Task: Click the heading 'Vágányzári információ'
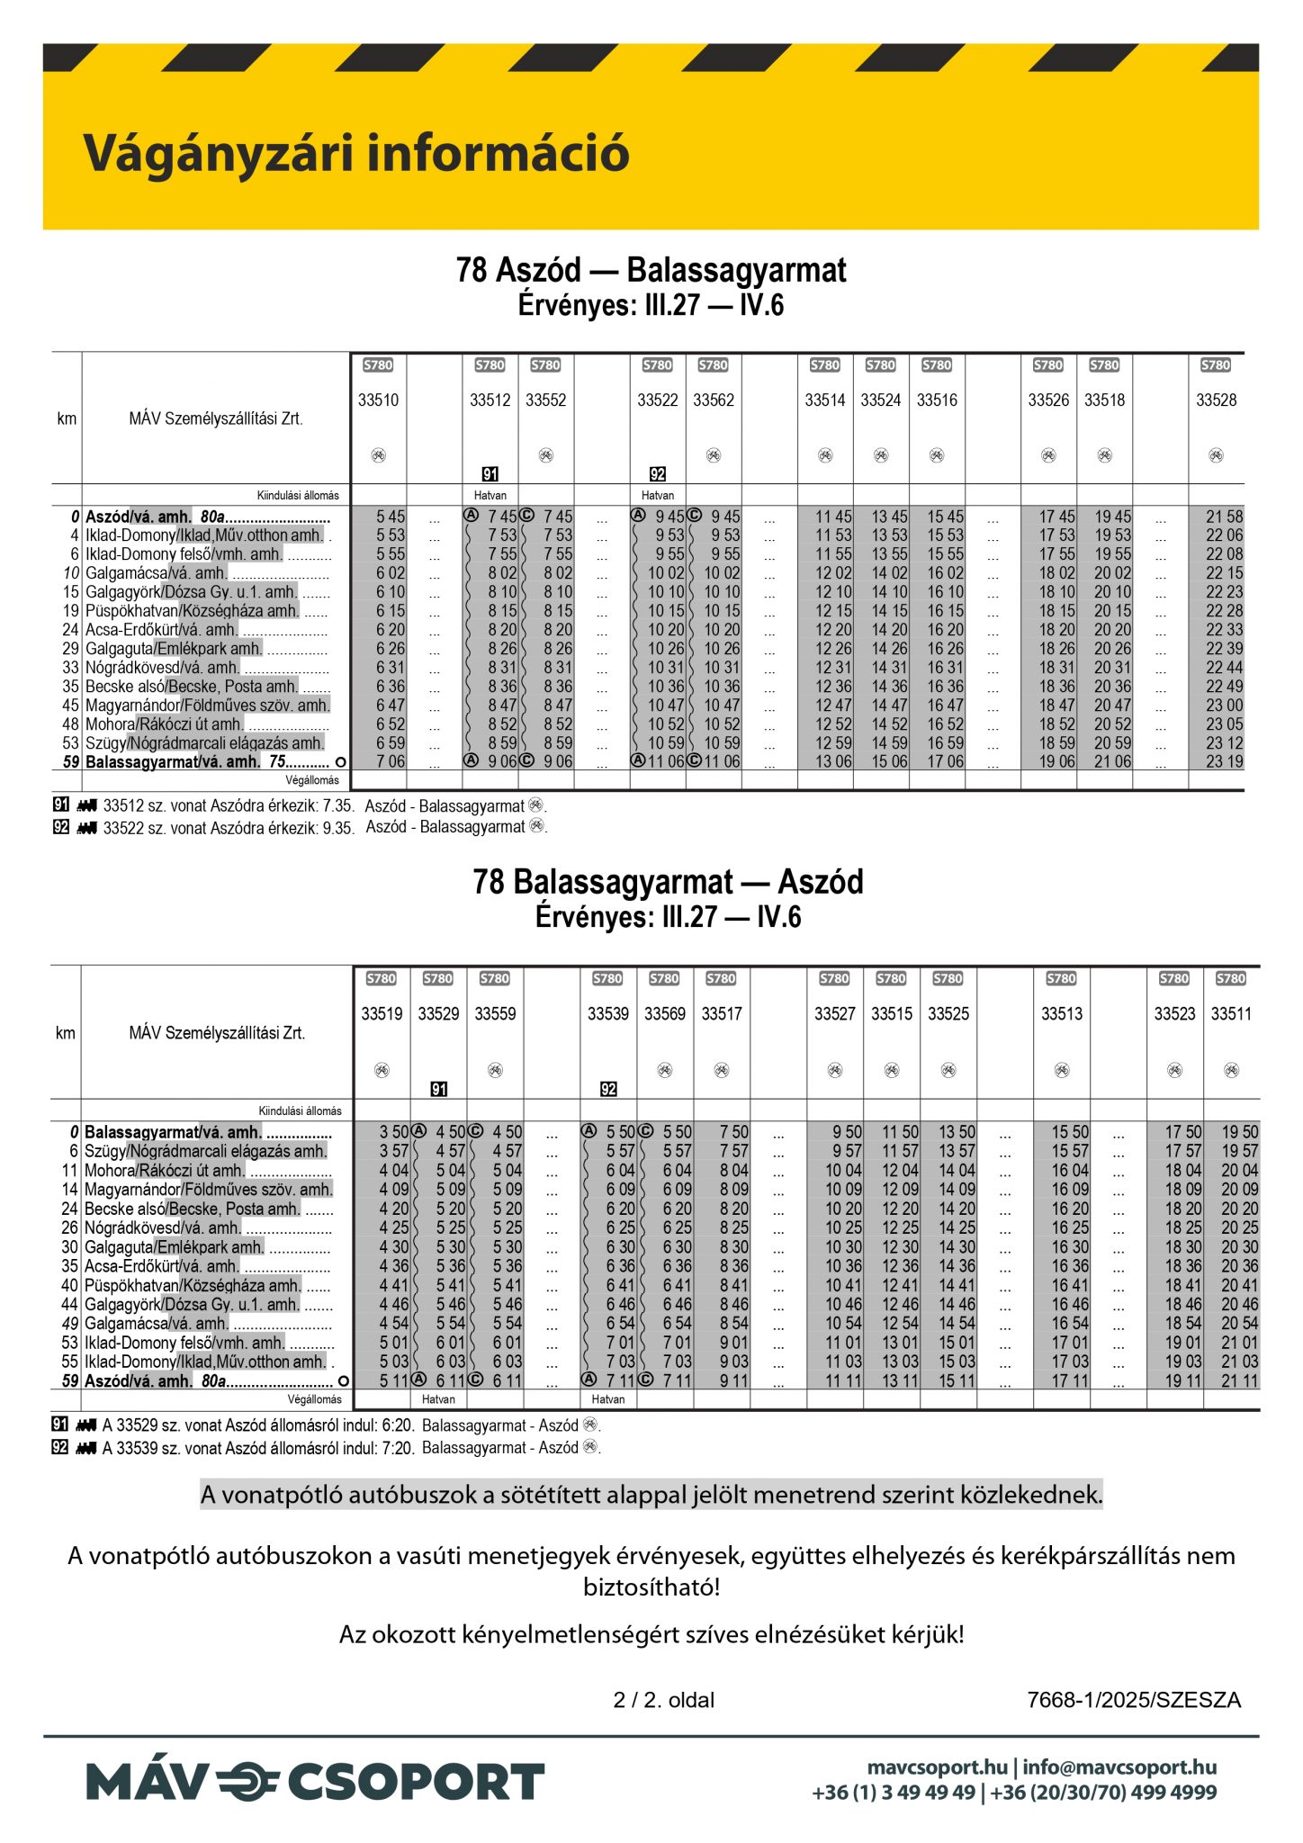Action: click(x=356, y=153)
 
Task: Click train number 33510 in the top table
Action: click(x=378, y=400)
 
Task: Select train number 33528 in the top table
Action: click(x=1216, y=400)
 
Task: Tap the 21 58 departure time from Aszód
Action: click(x=1224, y=517)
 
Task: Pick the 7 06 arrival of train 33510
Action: click(x=391, y=761)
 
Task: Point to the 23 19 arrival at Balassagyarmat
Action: click(x=1224, y=761)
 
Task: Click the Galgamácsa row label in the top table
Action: click(x=156, y=573)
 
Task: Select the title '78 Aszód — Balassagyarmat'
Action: click(x=651, y=270)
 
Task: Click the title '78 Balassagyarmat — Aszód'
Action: click(x=668, y=882)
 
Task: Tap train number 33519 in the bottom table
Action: click(x=382, y=1014)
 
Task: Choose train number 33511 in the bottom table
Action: click(x=1231, y=1014)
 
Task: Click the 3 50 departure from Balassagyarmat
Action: click(x=393, y=1132)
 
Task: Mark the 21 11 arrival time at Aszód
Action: click(x=1239, y=1380)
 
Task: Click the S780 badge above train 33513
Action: click(x=1061, y=978)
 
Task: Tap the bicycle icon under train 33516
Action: click(x=937, y=455)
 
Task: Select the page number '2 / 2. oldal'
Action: click(x=664, y=1700)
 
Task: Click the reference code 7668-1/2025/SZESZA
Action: click(x=1134, y=1700)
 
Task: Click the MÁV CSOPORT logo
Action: click(x=315, y=1783)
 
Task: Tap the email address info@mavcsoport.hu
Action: click(x=1119, y=1767)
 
